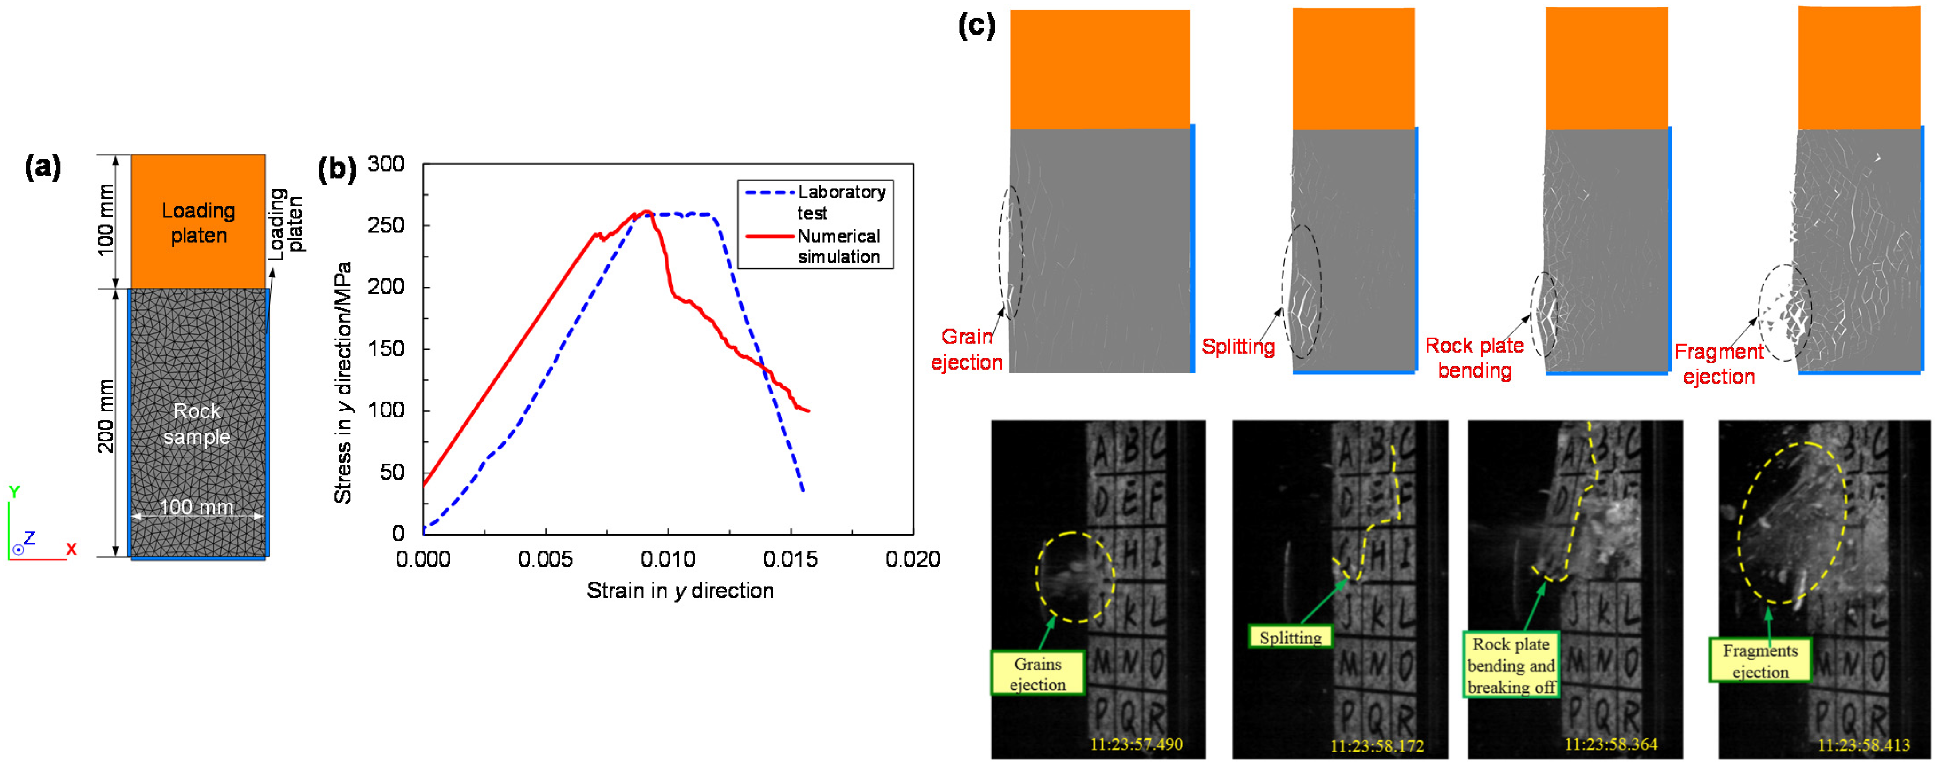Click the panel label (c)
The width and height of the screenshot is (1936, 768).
point(976,26)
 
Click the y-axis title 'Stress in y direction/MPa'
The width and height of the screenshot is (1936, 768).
point(343,383)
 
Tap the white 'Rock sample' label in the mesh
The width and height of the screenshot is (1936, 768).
point(197,424)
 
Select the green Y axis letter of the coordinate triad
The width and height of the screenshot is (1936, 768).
point(13,492)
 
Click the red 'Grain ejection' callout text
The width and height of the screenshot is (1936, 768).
point(967,350)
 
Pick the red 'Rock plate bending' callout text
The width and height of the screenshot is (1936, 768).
point(1475,358)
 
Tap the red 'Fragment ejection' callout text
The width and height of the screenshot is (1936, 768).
point(1719,364)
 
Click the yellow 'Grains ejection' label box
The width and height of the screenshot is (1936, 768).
point(1038,673)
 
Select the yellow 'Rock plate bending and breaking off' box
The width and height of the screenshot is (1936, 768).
point(1511,665)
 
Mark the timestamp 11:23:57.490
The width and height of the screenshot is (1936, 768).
point(1136,744)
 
